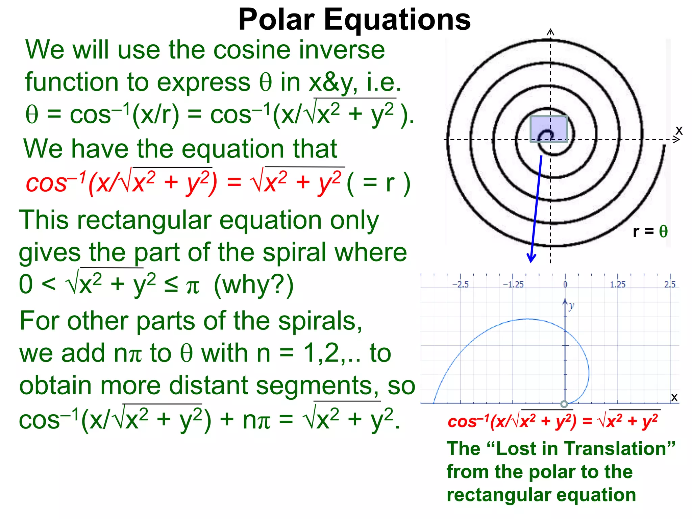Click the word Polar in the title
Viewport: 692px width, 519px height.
point(277,20)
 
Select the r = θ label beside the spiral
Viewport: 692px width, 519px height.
point(650,231)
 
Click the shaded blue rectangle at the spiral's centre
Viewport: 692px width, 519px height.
point(548,129)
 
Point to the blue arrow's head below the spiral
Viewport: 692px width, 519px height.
point(532,258)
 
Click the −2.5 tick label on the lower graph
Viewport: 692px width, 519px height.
point(460,285)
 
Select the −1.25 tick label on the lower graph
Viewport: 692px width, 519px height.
point(513,285)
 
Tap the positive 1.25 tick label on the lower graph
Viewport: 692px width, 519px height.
point(617,285)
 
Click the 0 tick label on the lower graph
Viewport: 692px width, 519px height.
point(565,285)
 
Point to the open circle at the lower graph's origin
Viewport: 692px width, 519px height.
point(564,404)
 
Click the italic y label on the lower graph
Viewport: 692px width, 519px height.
point(571,306)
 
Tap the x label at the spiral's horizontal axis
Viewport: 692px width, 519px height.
point(679,130)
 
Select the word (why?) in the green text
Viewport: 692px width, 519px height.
point(254,285)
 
